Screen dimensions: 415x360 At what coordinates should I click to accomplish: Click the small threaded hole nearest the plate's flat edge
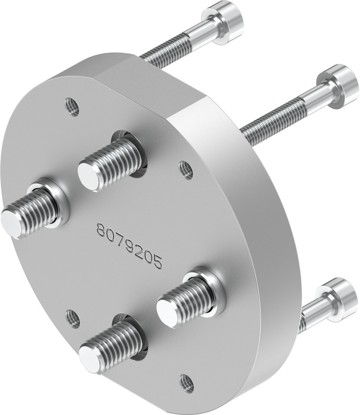[73, 106]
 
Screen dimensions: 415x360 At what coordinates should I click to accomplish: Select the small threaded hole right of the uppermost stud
[186, 169]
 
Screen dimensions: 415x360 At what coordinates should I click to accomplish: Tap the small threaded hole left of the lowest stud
[73, 318]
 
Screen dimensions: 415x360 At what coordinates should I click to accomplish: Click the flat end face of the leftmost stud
[11, 223]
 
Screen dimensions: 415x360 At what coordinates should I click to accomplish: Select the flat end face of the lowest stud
[90, 358]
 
